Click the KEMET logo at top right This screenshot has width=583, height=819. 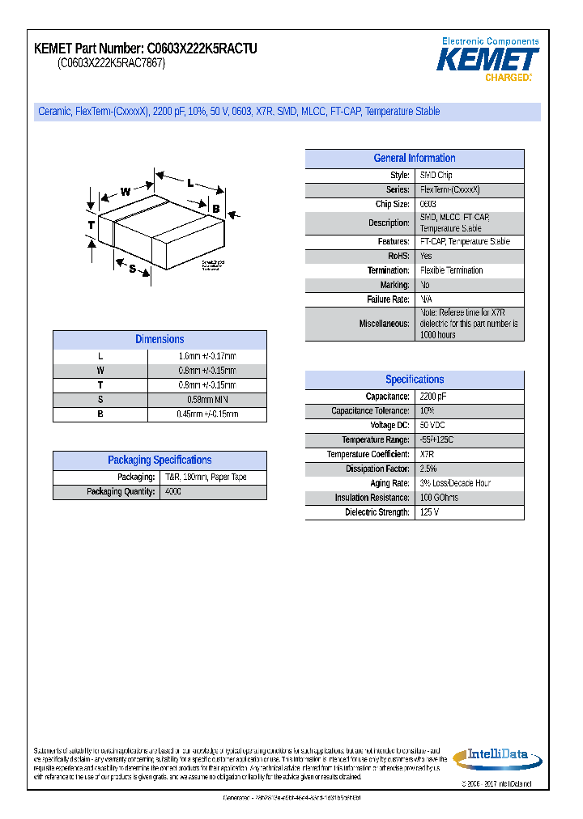[488, 60]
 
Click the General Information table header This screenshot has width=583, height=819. [414, 159]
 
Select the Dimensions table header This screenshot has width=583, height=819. [160, 340]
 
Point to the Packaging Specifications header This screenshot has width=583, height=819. [160, 460]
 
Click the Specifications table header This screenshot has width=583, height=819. [414, 380]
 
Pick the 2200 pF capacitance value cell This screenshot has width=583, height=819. [433, 397]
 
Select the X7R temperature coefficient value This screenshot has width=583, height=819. [428, 455]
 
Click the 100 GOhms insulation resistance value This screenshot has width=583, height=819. [439, 498]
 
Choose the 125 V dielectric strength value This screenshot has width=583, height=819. [430, 512]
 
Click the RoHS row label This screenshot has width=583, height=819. [398, 256]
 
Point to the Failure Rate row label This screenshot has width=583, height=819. [388, 299]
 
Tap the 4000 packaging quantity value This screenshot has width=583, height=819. [173, 491]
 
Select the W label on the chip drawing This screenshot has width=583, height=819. [126, 192]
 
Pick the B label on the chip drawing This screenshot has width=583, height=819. [215, 209]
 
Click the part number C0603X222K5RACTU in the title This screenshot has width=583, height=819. [202, 49]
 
